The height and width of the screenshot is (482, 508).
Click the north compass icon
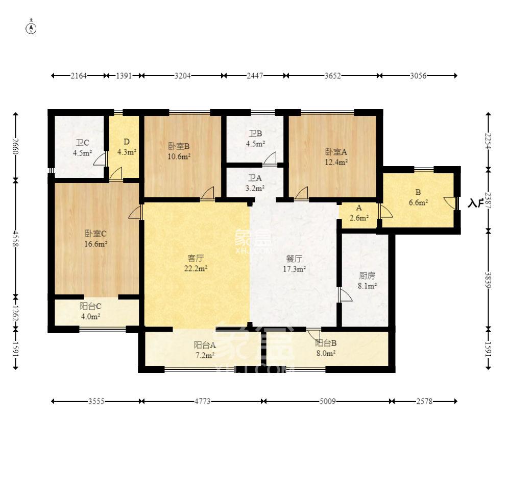coord(31,28)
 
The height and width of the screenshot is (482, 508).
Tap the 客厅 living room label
coord(196,258)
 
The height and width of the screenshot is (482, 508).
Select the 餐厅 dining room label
coord(294,259)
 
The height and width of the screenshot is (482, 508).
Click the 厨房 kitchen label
coord(367,276)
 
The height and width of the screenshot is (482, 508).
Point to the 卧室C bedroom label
coord(95,234)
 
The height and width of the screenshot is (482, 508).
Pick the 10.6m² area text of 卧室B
coord(179,156)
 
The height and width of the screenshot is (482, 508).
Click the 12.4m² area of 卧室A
coord(336,162)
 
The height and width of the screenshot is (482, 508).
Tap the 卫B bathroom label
coord(255,133)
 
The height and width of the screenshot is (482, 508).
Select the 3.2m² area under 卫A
coord(255,188)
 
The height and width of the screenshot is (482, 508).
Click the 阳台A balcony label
coord(205,345)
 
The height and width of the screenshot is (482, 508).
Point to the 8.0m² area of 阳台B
coord(326,353)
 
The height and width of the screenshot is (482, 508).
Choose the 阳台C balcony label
coord(90,306)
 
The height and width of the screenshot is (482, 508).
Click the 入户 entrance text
coord(476,203)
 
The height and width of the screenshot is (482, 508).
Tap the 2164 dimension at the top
coord(79,76)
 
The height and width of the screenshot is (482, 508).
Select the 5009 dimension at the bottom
coord(328,401)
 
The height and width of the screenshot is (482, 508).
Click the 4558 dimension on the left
coord(15,238)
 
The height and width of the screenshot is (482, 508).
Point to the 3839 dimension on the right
coord(488,280)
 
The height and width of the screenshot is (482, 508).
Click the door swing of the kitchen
coord(345,295)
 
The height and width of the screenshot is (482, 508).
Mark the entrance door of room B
coord(451,203)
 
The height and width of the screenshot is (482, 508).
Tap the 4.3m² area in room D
coord(127,152)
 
